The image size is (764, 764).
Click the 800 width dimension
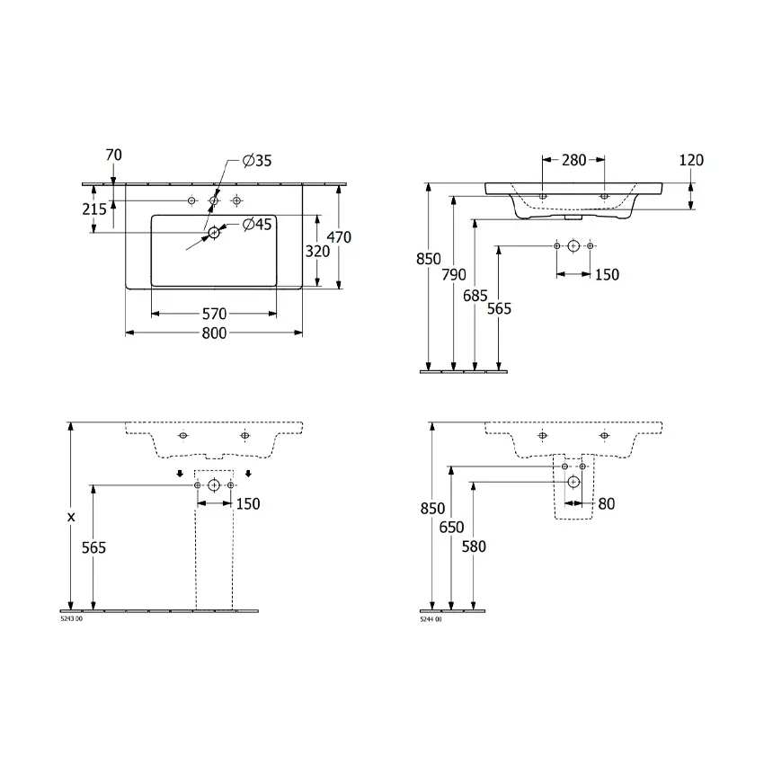(x=215, y=333)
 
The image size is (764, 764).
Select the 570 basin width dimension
(x=215, y=314)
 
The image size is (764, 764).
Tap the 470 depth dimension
(x=339, y=237)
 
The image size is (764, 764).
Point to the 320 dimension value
(x=317, y=252)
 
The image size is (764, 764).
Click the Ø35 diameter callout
(x=257, y=161)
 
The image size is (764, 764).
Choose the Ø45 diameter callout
(x=257, y=224)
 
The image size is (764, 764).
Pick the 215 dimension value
(x=94, y=209)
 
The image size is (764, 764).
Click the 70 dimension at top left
(x=113, y=155)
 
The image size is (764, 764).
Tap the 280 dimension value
(x=574, y=160)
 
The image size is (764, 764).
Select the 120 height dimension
(x=691, y=160)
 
